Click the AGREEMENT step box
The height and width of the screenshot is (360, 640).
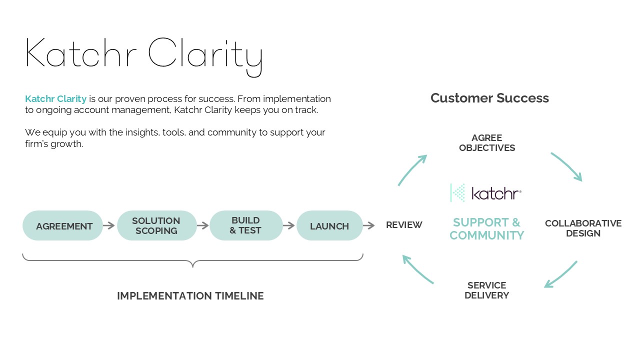coord(63,226)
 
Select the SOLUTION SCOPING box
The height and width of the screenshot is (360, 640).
coord(156,225)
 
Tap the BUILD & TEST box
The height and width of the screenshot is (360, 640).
coord(246,225)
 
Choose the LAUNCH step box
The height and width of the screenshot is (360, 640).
coord(329,226)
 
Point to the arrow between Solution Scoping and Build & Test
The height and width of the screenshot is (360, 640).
coord(203,226)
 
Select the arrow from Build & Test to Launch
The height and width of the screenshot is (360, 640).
coord(289,226)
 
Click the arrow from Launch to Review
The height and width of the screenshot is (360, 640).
coord(369,226)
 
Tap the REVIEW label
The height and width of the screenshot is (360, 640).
coord(404,225)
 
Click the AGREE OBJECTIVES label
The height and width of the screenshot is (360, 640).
coord(487,143)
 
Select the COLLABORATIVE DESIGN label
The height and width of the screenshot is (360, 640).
coord(583,228)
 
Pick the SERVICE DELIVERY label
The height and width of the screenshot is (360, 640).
coord(486,290)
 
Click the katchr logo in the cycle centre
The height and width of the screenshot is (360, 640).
coord(486,193)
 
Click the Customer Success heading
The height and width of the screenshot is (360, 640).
coord(489,98)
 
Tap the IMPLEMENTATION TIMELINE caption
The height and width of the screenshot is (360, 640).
coord(190,296)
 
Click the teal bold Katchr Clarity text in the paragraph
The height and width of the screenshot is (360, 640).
coord(56,99)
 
